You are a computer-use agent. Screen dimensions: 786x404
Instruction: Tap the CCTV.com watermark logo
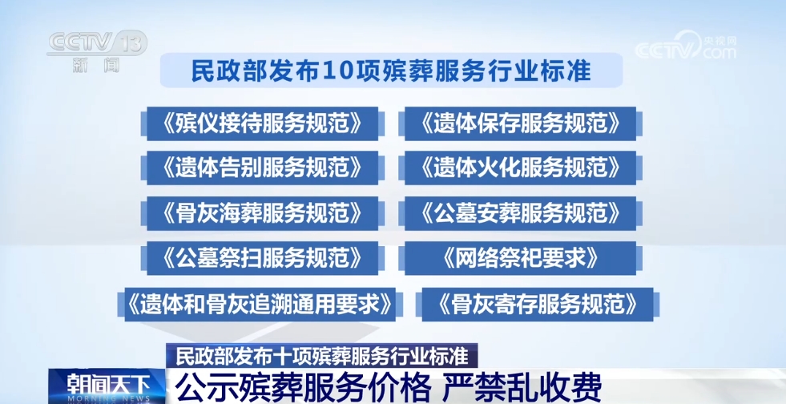(x=686, y=46)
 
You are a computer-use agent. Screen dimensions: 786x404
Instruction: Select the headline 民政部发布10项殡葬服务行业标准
(x=391, y=71)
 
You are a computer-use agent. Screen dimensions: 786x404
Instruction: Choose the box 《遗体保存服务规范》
(x=520, y=123)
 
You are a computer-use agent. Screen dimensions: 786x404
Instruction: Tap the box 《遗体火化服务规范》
(x=520, y=168)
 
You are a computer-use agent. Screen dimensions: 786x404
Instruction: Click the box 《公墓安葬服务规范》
(x=520, y=213)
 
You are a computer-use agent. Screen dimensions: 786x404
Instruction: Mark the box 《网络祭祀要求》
(x=520, y=258)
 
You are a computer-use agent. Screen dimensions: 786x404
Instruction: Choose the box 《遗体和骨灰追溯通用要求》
(x=260, y=305)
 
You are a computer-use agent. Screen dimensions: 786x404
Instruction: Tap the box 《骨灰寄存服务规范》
(x=538, y=305)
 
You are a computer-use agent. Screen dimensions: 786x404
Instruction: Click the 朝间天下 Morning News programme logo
(x=107, y=386)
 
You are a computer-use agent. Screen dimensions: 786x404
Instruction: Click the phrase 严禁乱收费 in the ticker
(x=521, y=387)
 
